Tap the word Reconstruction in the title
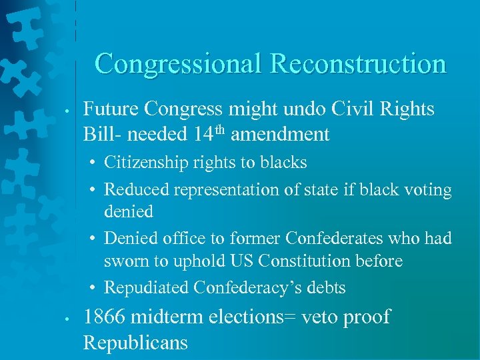click(358, 64)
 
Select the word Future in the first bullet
click(112, 109)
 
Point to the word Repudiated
click(147, 288)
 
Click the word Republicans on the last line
click(135, 343)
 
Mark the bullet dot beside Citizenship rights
click(94, 163)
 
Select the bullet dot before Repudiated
click(94, 288)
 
